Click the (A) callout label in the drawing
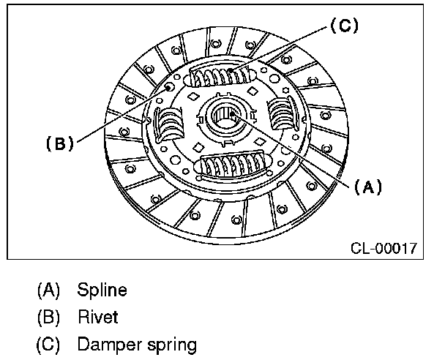click(368, 187)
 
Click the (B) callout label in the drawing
click(59, 143)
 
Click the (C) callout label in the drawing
click(343, 26)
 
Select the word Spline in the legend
click(102, 290)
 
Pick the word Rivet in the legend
click(97, 318)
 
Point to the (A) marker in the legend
click(48, 290)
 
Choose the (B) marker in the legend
click(48, 318)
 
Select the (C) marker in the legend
click(48, 344)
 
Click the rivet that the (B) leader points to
click(170, 86)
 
